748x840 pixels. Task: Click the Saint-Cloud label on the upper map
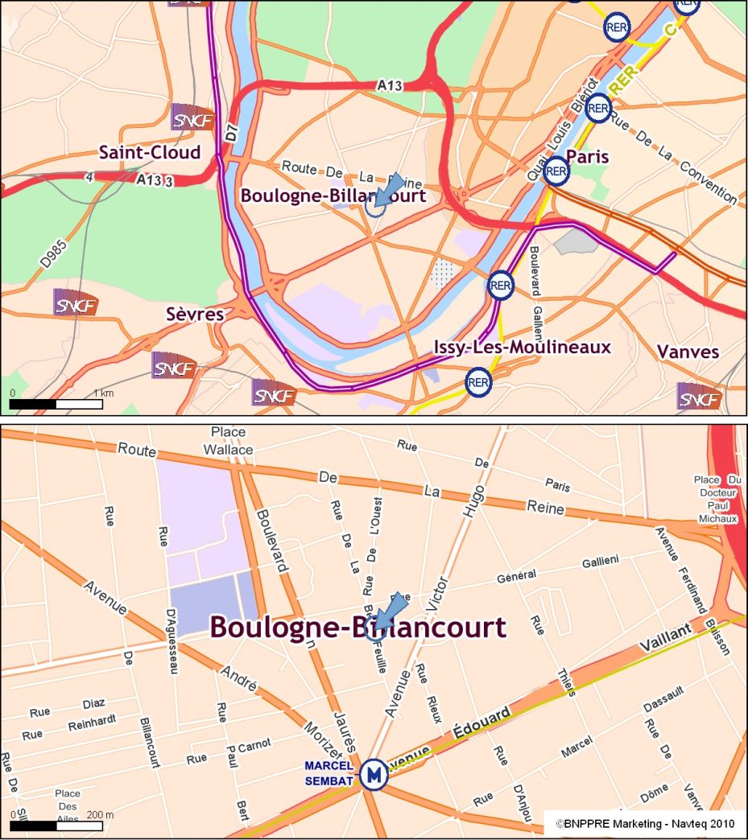click(x=150, y=152)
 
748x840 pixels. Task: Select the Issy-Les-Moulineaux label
click(x=522, y=347)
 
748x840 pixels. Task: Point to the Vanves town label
click(x=688, y=352)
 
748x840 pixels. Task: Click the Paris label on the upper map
click(x=587, y=155)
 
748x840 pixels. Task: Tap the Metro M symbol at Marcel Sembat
click(x=373, y=775)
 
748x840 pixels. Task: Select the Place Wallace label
click(x=228, y=441)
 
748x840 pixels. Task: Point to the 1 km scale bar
click(x=56, y=404)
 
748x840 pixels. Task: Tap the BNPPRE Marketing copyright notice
click(x=645, y=824)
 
